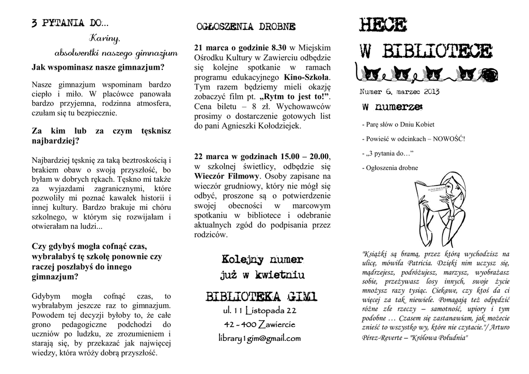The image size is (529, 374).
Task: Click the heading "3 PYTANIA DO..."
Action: [x=70, y=23]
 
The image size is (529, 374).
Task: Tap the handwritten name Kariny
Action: [x=105, y=38]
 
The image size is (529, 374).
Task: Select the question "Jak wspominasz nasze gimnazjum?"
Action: [x=98, y=67]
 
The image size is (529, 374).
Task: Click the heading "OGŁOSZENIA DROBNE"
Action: [x=246, y=26]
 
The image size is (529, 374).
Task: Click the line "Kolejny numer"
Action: [x=262, y=259]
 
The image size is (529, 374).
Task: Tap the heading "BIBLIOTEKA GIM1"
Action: [x=261, y=297]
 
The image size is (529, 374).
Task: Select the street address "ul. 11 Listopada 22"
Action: [x=259, y=310]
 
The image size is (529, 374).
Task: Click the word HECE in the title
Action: [x=383, y=25]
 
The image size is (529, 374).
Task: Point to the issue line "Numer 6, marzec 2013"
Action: [x=399, y=91]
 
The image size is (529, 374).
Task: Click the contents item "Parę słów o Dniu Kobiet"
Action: [x=398, y=124]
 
